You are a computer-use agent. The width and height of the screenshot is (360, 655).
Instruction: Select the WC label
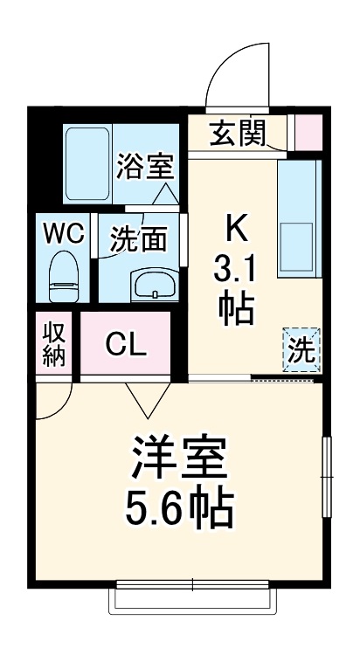point(64,233)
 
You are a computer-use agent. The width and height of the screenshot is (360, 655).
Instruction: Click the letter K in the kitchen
point(237,229)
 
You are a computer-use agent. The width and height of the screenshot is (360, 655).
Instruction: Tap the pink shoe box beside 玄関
point(308,131)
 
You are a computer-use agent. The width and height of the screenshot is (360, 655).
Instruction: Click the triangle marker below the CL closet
point(143,398)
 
